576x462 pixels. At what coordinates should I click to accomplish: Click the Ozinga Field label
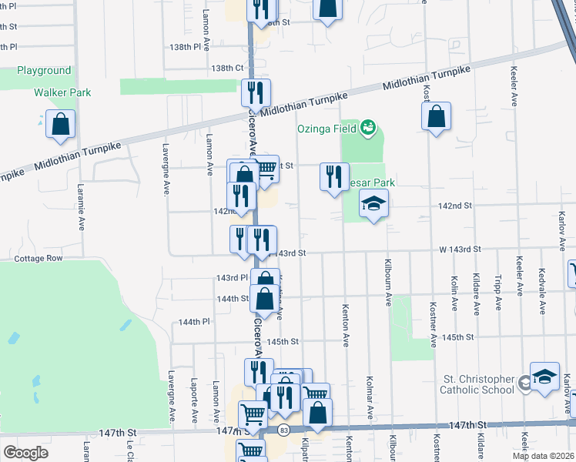327,129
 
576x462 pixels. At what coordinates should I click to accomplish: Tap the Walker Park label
62,92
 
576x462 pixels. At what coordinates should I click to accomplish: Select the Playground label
44,70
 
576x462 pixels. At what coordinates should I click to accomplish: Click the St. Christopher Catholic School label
477,384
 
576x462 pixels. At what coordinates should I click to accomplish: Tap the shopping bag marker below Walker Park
60,124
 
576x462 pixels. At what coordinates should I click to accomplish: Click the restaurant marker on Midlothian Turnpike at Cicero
256,93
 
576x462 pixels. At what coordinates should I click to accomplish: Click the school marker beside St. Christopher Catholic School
544,377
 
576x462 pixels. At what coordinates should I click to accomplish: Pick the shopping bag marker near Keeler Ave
436,116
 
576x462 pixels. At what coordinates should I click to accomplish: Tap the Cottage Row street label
38,259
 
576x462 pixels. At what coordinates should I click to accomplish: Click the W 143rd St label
460,249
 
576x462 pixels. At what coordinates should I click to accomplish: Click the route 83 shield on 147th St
285,430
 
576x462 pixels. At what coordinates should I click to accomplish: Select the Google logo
25,452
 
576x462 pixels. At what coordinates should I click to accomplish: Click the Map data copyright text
543,456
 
